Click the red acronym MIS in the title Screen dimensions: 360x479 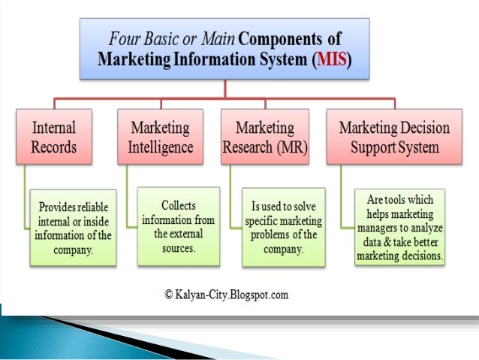coord(332,58)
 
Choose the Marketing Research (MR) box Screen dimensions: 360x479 coord(265,136)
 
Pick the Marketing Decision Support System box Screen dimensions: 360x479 coord(394,136)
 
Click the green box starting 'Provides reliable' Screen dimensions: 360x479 coord(73,227)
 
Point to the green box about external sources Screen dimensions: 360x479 coord(178,226)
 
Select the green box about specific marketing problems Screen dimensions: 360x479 coord(283,227)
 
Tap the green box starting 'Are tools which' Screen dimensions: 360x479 coord(400,228)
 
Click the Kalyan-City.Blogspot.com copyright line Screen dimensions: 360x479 coord(226,295)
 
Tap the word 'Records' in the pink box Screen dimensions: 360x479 coord(53,146)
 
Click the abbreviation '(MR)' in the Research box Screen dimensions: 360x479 coord(291,146)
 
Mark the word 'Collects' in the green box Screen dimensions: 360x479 coord(179,205)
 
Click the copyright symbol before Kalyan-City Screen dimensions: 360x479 coord(170,295)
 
